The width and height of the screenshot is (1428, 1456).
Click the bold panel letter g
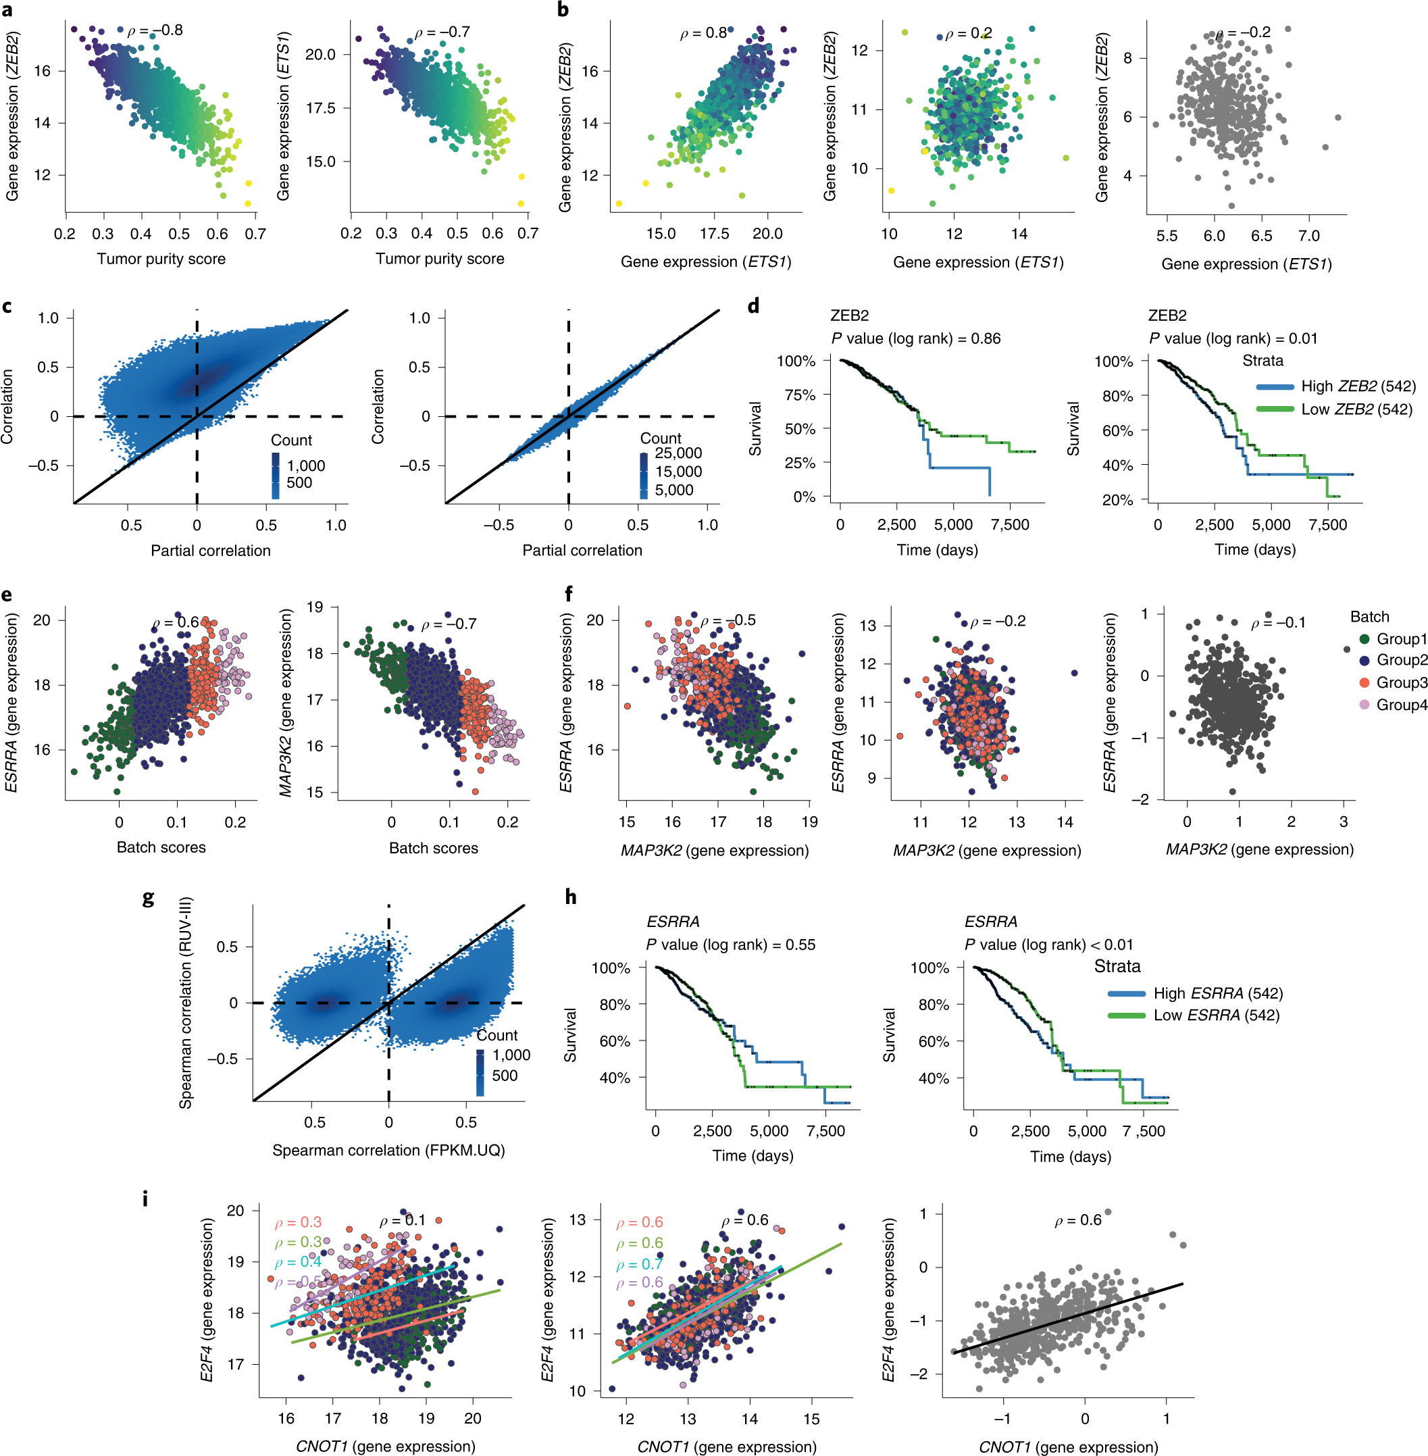coord(149,898)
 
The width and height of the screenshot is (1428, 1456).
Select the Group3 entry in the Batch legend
coord(1400,682)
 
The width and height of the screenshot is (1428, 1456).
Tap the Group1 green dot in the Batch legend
coord(1365,639)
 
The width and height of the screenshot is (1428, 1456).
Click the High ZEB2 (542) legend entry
coord(1358,386)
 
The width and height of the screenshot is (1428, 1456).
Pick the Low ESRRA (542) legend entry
coord(1216,1015)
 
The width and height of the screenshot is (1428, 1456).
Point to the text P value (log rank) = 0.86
coord(915,338)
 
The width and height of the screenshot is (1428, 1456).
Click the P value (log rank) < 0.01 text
coord(1048,945)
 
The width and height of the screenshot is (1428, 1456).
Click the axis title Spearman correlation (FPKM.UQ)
coord(388,1150)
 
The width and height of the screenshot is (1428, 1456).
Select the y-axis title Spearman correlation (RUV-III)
coord(186,1003)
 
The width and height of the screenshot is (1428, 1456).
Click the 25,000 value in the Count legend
coord(678,453)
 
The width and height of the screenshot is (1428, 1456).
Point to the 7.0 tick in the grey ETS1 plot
coord(1308,236)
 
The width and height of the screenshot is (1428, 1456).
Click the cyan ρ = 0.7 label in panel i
coord(640,1264)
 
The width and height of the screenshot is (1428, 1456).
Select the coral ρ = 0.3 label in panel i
coord(298,1223)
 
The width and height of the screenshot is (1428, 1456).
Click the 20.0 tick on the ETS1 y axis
coord(320,55)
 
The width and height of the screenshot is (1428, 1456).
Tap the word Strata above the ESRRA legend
coord(1117,966)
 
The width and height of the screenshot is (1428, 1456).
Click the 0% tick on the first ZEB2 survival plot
coord(804,497)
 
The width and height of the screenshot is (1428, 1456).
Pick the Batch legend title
coord(1369,617)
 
